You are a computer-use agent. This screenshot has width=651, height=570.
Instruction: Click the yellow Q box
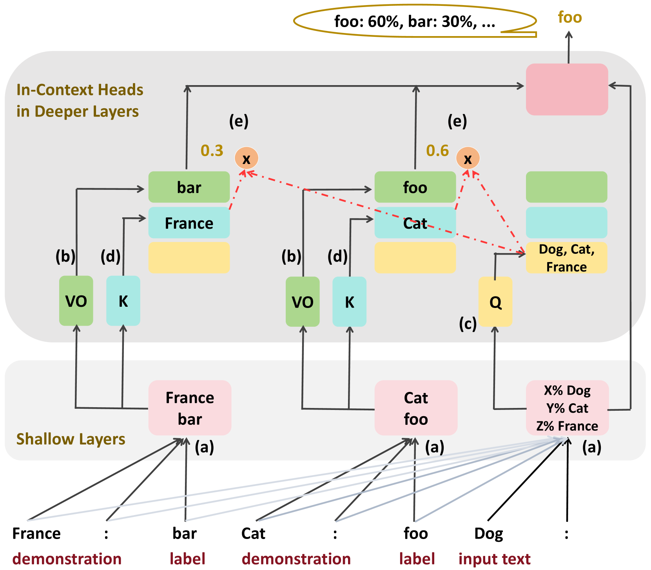tap(495, 302)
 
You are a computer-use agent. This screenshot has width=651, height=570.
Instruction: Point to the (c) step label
tap(468, 324)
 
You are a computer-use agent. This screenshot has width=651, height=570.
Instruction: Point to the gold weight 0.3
tap(212, 151)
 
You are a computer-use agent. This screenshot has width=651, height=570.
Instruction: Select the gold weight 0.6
tap(437, 151)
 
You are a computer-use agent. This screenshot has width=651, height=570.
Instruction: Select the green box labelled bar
tap(189, 187)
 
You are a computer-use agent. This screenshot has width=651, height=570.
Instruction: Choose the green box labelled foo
tap(415, 187)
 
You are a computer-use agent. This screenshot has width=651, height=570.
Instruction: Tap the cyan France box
tap(189, 223)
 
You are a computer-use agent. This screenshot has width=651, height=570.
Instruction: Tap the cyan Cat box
tap(415, 223)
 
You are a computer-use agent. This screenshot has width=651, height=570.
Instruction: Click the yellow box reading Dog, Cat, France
tap(566, 258)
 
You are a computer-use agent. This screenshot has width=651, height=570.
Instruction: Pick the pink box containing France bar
tap(190, 408)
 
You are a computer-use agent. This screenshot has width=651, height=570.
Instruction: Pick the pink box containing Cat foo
tap(416, 408)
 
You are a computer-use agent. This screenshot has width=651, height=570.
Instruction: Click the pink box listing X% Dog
tap(567, 408)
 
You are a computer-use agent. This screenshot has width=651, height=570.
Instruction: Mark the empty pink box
tap(567, 89)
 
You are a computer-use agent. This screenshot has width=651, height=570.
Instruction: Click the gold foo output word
tap(569, 18)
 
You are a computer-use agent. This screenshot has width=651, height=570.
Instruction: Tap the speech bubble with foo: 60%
tap(415, 22)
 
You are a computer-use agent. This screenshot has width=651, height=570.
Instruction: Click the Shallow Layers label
tap(71, 439)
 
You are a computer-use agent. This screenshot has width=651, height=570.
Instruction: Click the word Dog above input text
tap(488, 534)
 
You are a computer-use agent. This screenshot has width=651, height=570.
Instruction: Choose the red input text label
tap(494, 559)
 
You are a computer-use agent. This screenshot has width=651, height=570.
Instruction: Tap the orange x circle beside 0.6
tap(468, 158)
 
